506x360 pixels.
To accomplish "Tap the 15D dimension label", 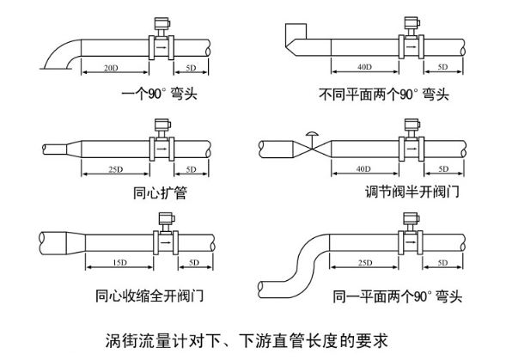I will [x=120, y=260].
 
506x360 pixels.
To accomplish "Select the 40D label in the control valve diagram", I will [x=363, y=168].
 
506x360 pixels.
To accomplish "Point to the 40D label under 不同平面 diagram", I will [x=363, y=67].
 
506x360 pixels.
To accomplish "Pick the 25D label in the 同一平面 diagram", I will [x=363, y=261].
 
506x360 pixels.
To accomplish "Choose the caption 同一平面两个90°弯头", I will [x=397, y=297].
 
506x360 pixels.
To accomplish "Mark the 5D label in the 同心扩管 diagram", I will [x=191, y=168].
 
